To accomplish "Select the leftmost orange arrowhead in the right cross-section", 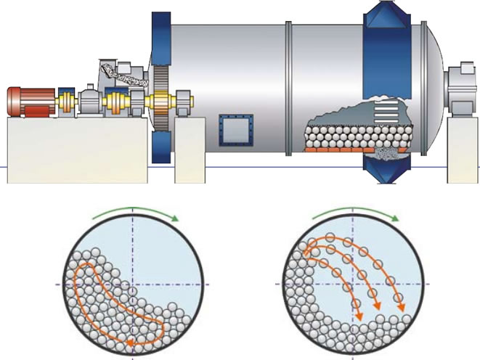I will pos(358,315).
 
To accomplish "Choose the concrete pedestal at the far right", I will pos(463,149).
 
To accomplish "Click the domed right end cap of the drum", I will pos(432,80).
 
